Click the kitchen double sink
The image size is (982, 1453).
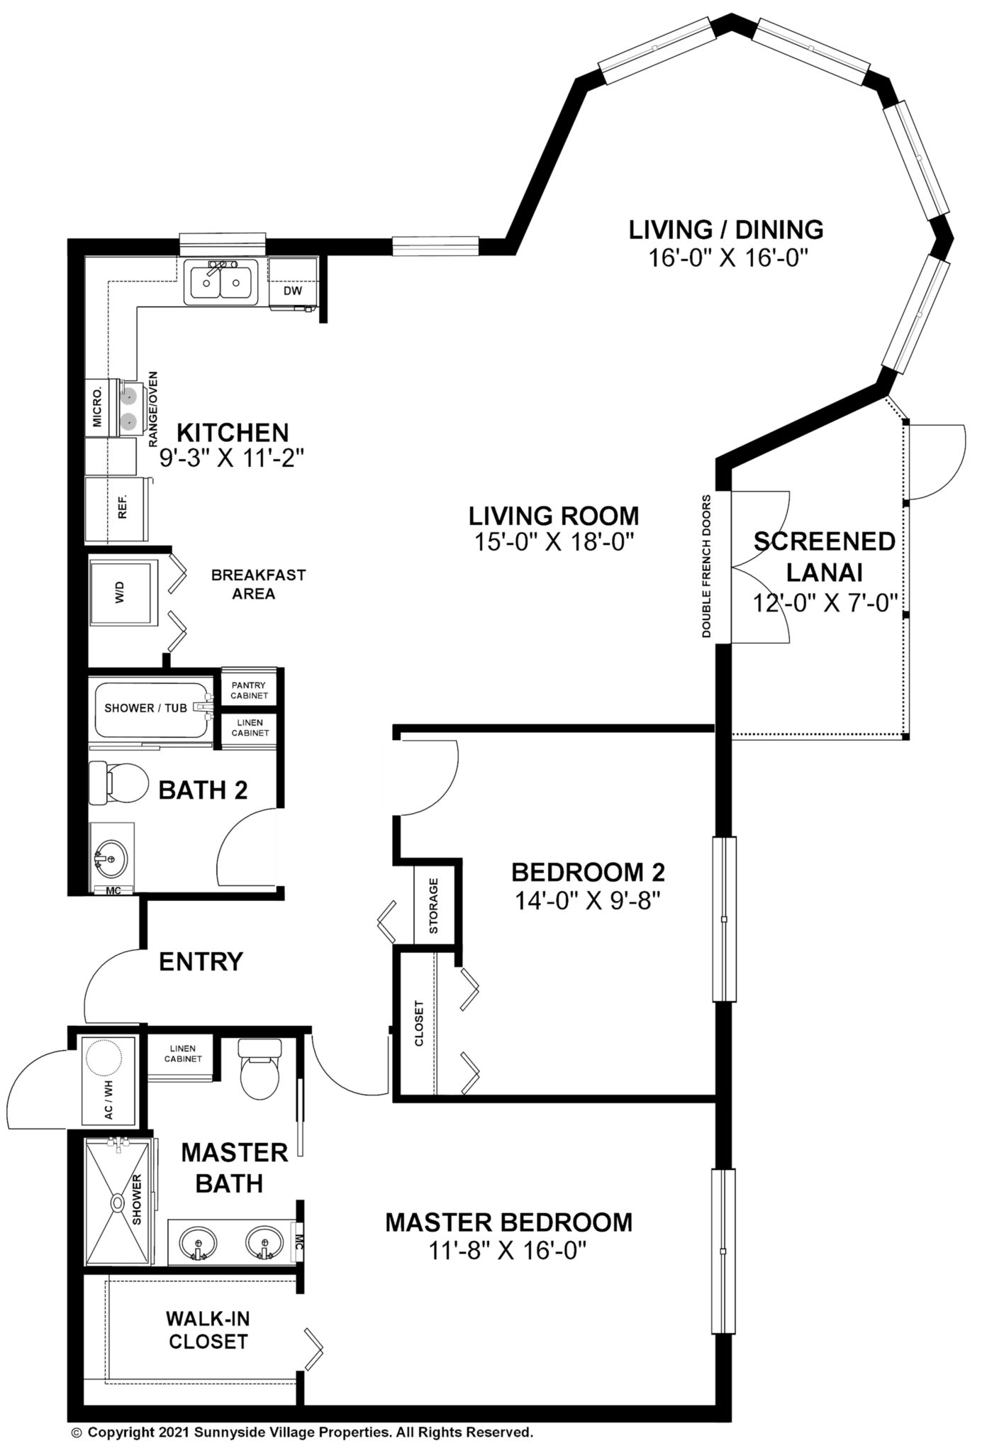pyautogui.click(x=221, y=282)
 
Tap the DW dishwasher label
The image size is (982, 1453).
pyautogui.click(x=293, y=291)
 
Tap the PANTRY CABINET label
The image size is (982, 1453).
pyautogui.click(x=249, y=690)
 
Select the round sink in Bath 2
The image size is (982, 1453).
pyautogui.click(x=111, y=858)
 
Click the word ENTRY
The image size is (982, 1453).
pyautogui.click(x=201, y=962)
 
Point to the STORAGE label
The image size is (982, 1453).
pyautogui.click(x=434, y=905)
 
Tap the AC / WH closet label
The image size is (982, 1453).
pyautogui.click(x=109, y=1100)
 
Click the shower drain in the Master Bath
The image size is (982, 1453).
pyautogui.click(x=116, y=1203)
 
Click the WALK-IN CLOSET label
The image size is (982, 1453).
pyautogui.click(x=208, y=1330)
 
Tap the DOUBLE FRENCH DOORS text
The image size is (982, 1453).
pyautogui.click(x=706, y=565)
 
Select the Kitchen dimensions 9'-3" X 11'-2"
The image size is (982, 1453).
pyautogui.click(x=232, y=458)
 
